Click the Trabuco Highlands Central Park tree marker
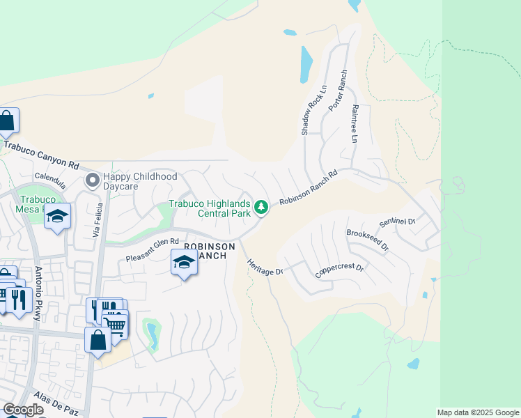[261, 207]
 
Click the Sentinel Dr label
[397, 222]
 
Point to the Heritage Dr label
[265, 266]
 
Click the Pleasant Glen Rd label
[148, 250]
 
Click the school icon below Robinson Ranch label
[184, 262]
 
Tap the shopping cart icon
[116, 324]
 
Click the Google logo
[23, 410]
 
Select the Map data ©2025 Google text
[479, 412]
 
